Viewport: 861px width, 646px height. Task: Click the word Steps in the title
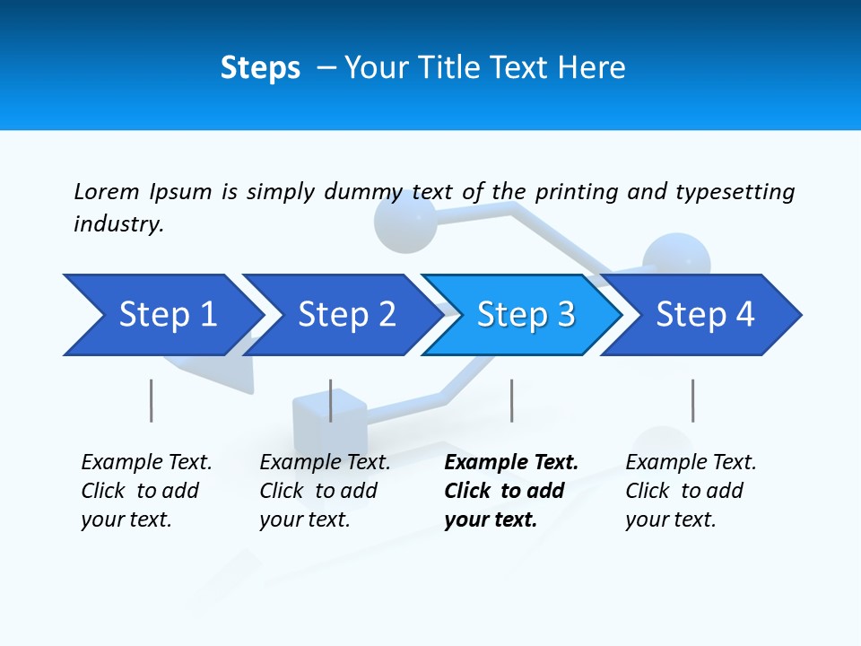(260, 68)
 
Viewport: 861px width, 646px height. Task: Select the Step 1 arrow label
(168, 314)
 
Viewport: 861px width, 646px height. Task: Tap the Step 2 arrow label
(347, 314)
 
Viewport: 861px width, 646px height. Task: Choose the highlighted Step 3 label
(526, 314)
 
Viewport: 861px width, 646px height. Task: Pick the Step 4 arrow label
(706, 314)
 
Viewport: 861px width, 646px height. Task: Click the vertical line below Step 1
(151, 400)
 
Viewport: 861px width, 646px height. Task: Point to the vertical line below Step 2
(331, 400)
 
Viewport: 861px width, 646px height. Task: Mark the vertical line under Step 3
(511, 400)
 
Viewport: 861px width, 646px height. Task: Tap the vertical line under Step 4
(692, 400)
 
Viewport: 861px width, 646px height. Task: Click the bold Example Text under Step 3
(511, 463)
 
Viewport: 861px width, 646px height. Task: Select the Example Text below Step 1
(146, 463)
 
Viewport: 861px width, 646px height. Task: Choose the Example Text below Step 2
(325, 463)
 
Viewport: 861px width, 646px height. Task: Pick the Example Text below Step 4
(691, 463)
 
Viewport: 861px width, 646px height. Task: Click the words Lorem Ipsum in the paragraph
(143, 192)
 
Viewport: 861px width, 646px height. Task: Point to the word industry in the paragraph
(117, 224)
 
